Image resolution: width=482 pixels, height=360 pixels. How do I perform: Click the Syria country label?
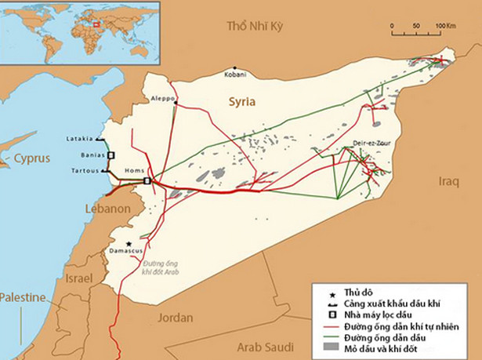click(242, 102)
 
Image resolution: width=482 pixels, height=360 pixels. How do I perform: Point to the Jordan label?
click(176, 318)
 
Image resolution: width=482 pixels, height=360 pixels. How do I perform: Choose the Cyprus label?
click(31, 158)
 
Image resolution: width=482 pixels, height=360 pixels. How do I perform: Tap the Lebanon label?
click(107, 209)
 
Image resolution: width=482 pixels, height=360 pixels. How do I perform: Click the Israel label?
click(78, 279)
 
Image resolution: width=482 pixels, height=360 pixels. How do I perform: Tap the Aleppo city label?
click(162, 98)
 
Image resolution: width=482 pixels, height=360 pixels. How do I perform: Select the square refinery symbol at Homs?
click(147, 181)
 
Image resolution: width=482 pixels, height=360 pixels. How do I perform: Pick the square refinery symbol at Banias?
click(111, 155)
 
